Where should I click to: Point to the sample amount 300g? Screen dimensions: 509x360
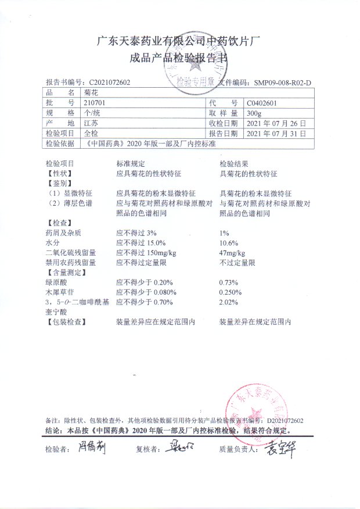(x=254, y=113)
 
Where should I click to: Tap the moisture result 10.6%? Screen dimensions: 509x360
(x=229, y=242)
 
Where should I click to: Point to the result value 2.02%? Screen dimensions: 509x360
(x=229, y=302)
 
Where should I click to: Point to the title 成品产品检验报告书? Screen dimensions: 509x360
(x=179, y=58)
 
